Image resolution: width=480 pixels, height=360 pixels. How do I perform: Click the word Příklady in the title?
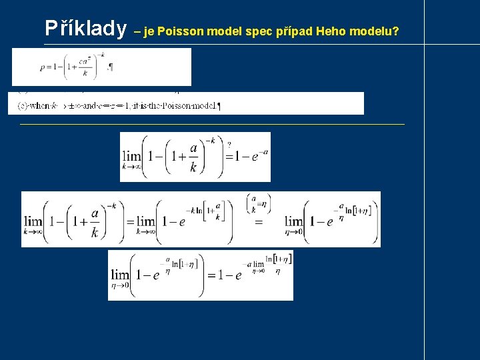coord(85,29)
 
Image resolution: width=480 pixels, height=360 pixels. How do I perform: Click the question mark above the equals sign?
coord(229,144)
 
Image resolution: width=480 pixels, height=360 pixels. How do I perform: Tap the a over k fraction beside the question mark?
coord(193,157)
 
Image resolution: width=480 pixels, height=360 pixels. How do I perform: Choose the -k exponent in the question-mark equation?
coord(211,140)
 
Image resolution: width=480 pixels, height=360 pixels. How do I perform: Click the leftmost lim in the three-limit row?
coord(33,223)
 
